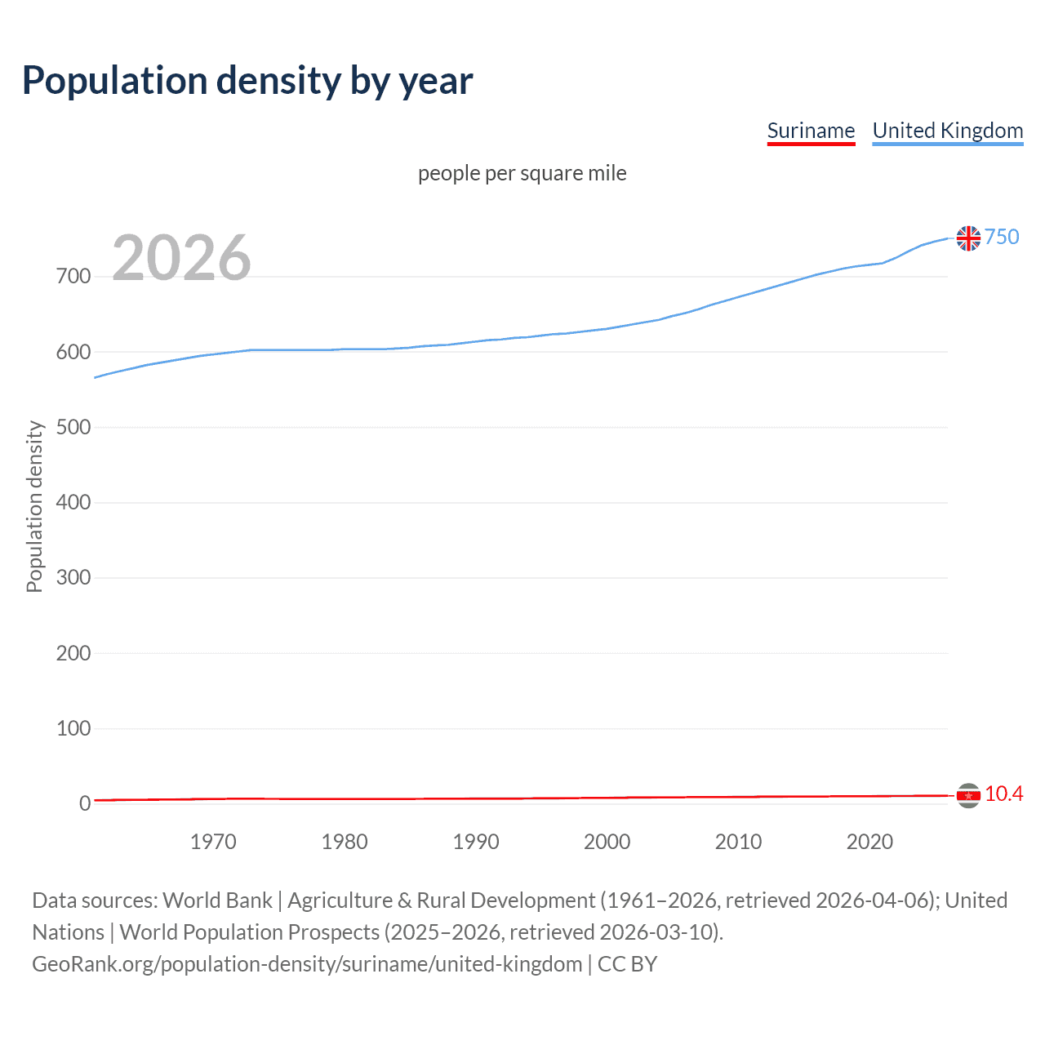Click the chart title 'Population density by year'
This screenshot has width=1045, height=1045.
click(247, 81)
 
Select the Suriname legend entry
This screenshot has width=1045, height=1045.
click(811, 131)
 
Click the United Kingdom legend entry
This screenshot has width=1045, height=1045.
click(947, 131)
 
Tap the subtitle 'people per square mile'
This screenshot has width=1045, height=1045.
click(522, 173)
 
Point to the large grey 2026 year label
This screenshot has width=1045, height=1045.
click(181, 258)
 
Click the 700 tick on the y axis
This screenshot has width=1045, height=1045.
click(73, 277)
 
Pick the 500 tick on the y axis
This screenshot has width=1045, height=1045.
click(73, 427)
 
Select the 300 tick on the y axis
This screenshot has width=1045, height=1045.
click(73, 578)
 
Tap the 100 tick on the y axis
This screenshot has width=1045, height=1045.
click(73, 728)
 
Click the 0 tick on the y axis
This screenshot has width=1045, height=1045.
click(85, 803)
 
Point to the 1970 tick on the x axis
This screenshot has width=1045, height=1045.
click(213, 842)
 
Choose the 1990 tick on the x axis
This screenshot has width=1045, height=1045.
click(476, 842)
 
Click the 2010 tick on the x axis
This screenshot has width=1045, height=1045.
click(738, 842)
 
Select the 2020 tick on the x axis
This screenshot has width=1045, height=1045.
click(869, 842)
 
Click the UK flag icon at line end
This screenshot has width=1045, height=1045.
click(968, 238)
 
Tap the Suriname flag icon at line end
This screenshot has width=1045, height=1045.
click(968, 795)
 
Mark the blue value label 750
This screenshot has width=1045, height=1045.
click(1002, 237)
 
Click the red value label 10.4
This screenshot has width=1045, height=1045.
click(1003, 794)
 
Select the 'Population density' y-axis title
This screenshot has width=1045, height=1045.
click(34, 506)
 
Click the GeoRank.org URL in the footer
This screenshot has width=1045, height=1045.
click(307, 964)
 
